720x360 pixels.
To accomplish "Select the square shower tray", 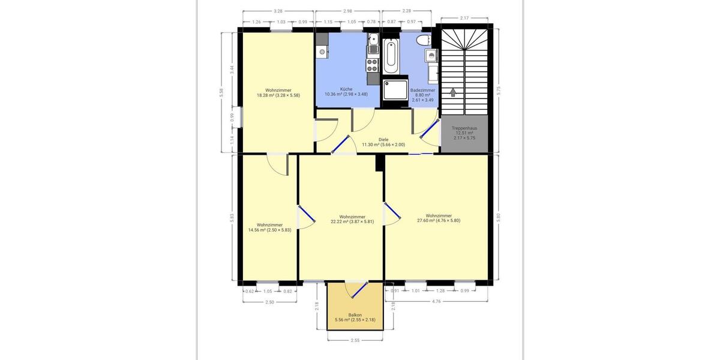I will tap(394, 89).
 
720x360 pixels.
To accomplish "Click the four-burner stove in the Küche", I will tap(373, 62).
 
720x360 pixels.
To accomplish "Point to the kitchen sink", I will tap(373, 41).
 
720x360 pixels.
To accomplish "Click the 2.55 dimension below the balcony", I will tap(355, 340).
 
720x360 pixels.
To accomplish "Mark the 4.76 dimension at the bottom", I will tap(436, 301).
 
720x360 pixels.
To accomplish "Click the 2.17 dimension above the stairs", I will tap(464, 18).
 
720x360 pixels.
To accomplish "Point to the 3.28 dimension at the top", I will tap(278, 11).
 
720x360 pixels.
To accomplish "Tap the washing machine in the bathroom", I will tap(431, 56).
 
